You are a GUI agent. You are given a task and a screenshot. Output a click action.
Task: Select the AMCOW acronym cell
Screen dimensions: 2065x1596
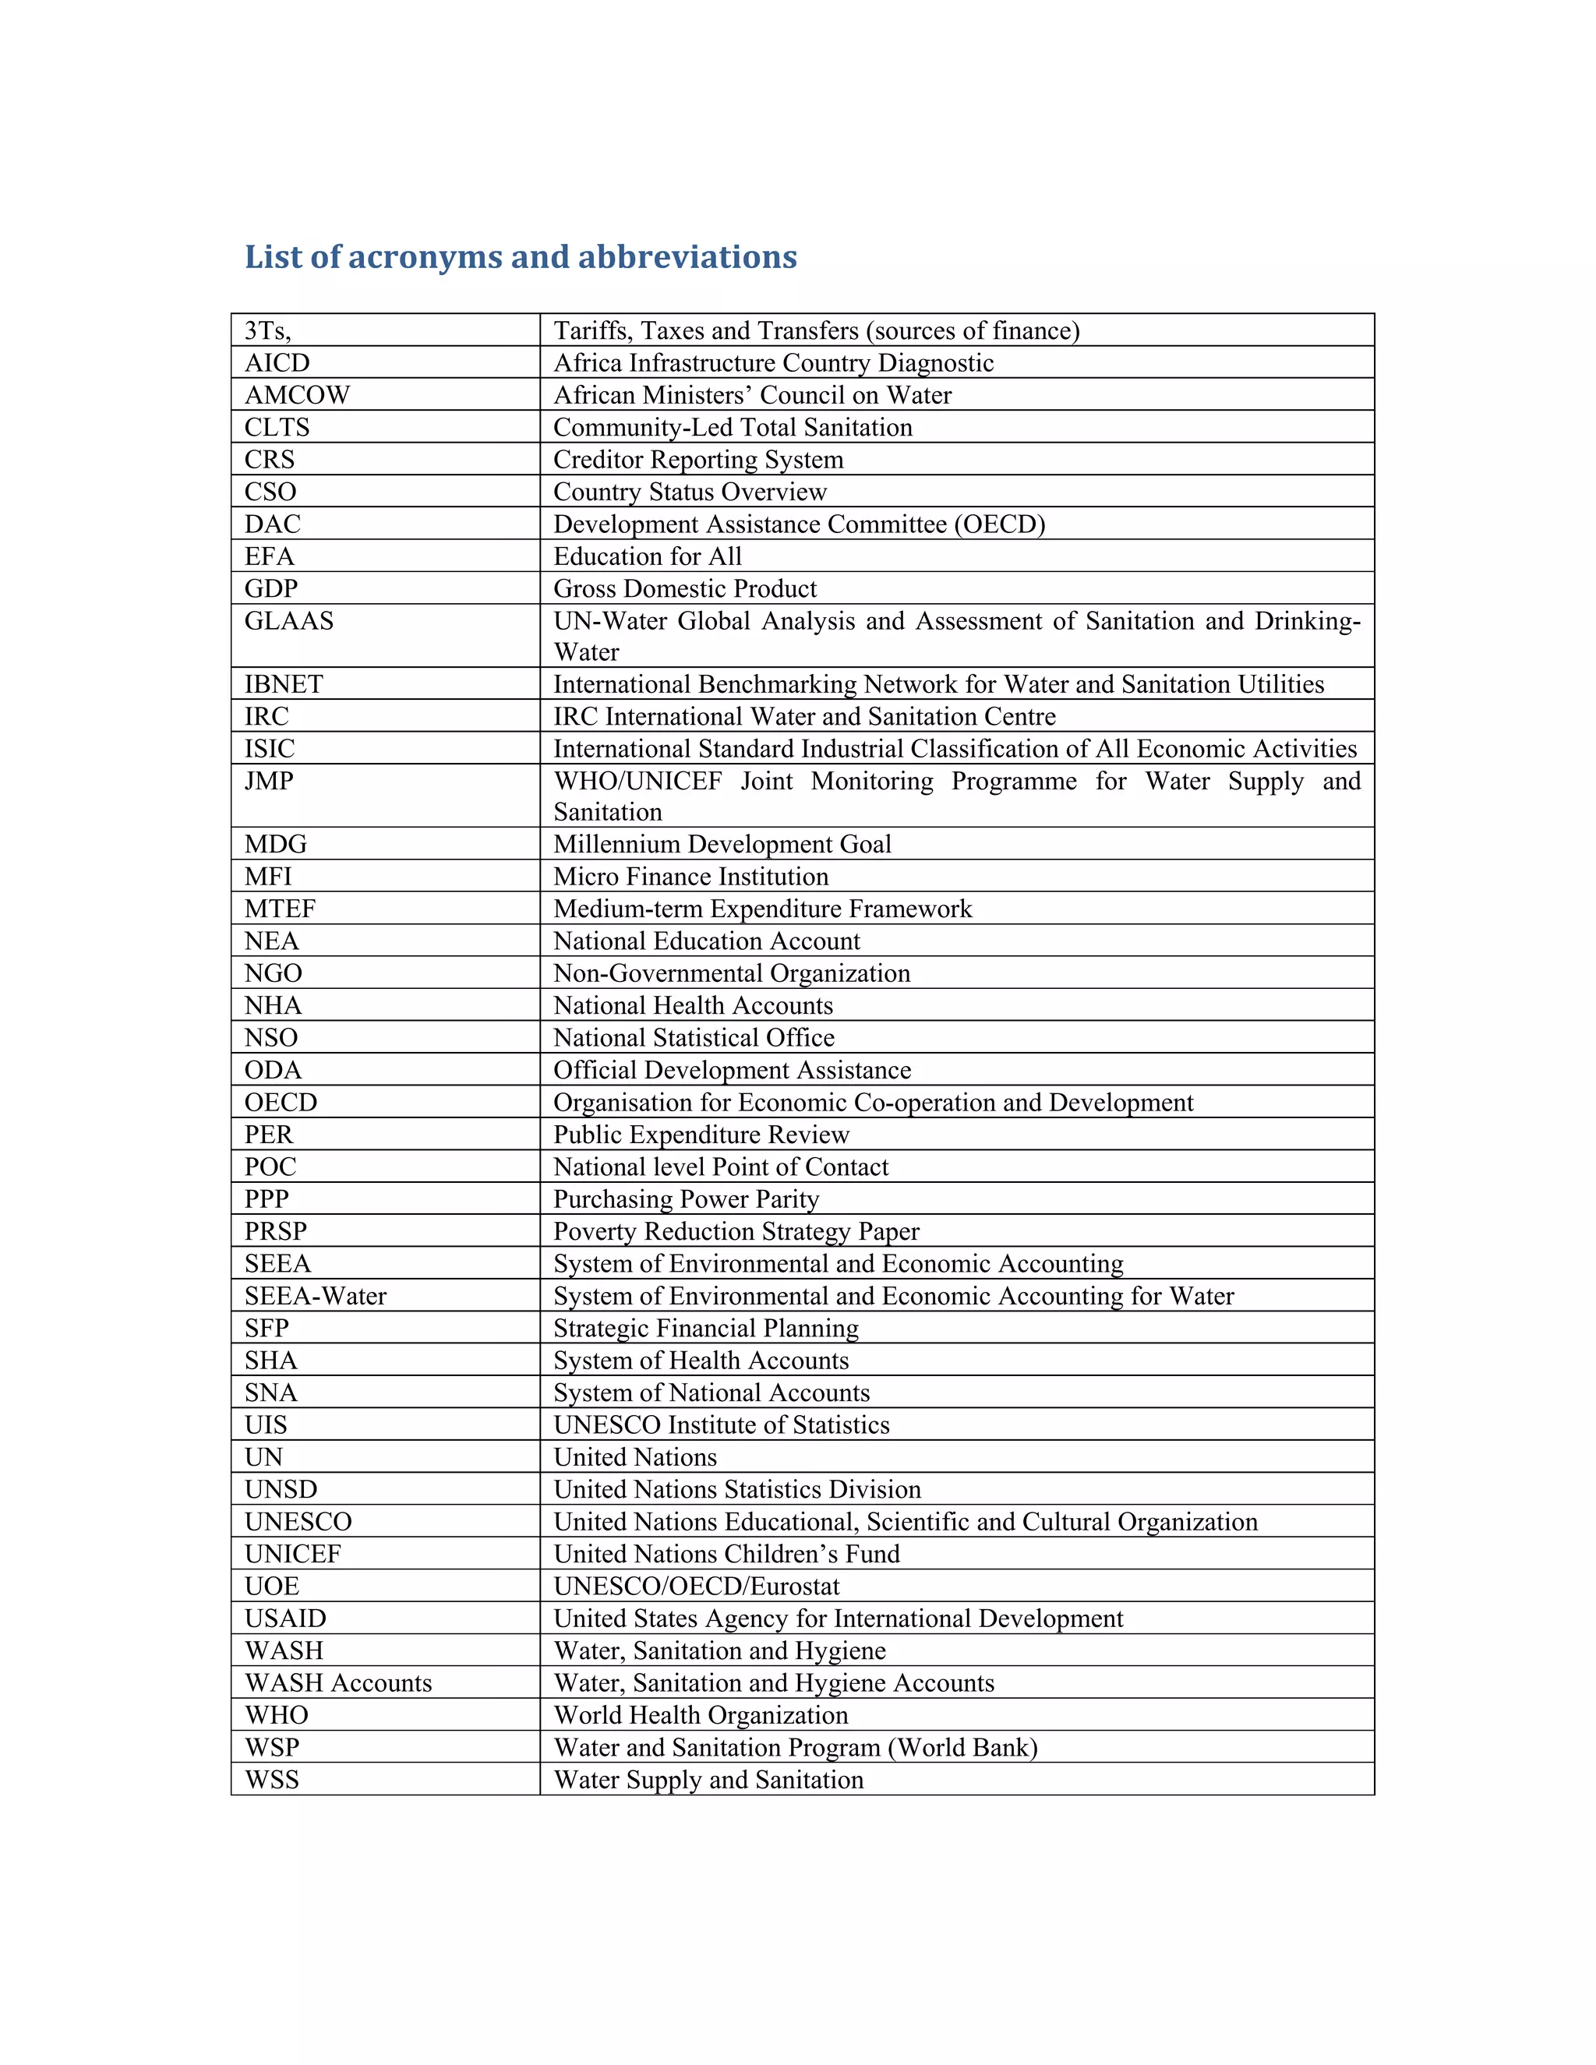297,394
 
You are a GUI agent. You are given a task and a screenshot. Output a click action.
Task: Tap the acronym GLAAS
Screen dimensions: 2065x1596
288,620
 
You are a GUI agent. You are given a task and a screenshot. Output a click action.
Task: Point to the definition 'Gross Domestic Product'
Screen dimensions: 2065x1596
684,588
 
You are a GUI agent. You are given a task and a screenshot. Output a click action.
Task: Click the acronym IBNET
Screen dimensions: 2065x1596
284,683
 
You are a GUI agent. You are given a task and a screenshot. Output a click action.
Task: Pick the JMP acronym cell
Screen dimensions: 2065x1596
269,780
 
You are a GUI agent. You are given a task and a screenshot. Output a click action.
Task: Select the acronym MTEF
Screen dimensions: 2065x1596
280,909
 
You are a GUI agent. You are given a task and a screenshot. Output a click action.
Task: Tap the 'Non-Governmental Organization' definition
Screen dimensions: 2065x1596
732,973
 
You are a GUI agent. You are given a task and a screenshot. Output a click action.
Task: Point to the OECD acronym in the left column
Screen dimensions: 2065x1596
281,1103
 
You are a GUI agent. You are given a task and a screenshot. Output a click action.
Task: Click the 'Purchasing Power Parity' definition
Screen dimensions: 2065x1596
686,1199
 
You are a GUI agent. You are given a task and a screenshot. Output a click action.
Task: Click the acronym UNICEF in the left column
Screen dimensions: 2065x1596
292,1554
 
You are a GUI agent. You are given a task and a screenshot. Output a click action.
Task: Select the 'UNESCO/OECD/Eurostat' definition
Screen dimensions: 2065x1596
696,1586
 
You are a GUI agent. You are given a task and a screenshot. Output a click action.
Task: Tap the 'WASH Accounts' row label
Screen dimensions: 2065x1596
337,1682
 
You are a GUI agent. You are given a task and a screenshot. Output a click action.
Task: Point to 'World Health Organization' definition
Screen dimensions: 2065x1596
701,1714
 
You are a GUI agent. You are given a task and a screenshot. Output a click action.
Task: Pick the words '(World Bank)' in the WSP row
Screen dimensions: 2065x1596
962,1746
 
